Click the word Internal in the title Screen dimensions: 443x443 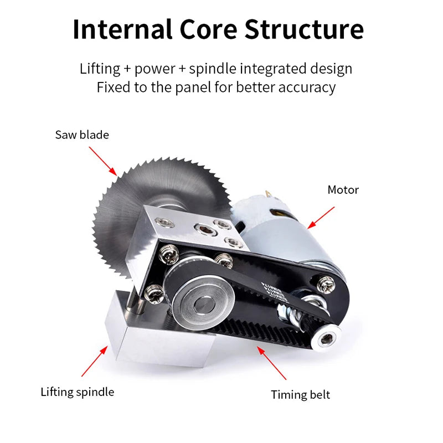[x=121, y=29]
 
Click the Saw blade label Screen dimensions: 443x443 [x=82, y=135]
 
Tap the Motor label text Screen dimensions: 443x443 [x=343, y=190]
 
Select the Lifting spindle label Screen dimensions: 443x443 [x=77, y=392]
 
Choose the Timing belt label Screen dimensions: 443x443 [x=300, y=395]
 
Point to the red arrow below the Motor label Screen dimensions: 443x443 [x=321, y=218]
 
